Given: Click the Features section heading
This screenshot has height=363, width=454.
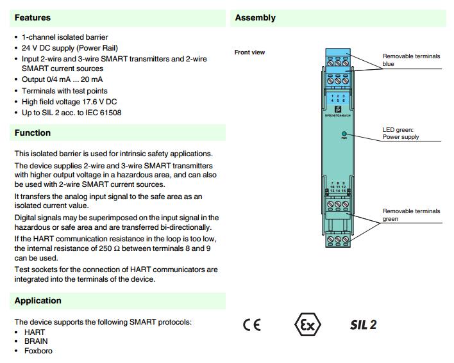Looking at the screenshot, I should [x=32, y=18].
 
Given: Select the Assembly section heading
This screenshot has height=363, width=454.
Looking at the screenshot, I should [x=255, y=18].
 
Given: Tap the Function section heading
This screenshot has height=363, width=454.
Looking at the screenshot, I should [x=32, y=133].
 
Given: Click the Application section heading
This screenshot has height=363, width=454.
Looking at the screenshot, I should [x=38, y=301].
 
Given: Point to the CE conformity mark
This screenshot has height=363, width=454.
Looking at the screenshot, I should [x=252, y=325].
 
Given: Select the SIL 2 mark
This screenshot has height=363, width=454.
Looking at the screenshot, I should [x=363, y=325].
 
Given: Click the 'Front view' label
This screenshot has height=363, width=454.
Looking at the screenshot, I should [x=249, y=52].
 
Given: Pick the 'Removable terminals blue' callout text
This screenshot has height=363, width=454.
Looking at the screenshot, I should [x=411, y=60].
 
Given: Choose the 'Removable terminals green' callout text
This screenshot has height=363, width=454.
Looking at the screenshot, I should [x=411, y=215].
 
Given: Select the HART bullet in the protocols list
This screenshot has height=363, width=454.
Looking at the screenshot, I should [x=35, y=333].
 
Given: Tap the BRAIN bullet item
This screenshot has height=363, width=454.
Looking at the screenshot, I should [x=36, y=342].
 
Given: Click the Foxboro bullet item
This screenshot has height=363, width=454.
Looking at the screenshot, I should [x=38, y=351].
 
